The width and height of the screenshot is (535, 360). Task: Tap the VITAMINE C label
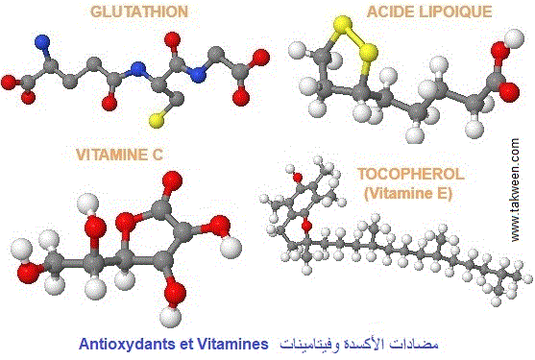120,153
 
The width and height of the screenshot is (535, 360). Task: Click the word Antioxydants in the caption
127,342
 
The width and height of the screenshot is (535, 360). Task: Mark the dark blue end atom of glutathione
41,43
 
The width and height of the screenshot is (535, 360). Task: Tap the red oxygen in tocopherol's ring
306,226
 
